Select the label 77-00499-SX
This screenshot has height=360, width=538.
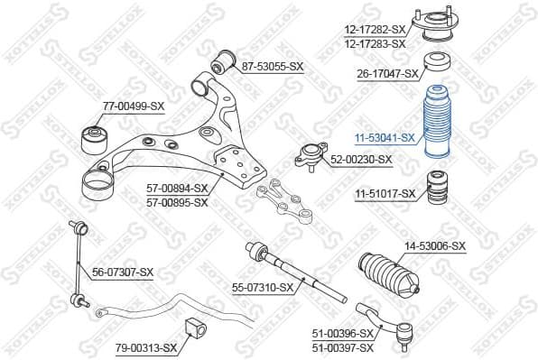tap(133, 106)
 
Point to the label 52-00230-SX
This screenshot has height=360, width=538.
tap(361, 160)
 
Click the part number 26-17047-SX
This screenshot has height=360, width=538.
tap(388, 73)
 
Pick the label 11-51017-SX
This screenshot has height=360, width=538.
tap(385, 193)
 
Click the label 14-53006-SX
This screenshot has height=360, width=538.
tap(434, 245)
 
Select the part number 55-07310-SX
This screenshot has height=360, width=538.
tap(263, 288)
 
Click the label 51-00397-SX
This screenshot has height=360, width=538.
tap(341, 347)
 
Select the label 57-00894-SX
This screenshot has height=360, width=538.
tap(177, 189)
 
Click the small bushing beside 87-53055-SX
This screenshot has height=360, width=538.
tap(223, 63)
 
